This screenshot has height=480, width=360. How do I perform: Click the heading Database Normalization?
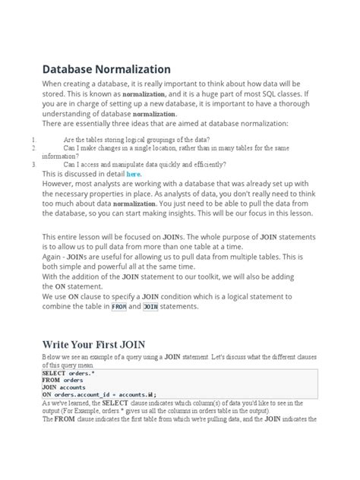coord(106,69)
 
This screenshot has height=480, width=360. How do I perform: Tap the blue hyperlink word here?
coord(134,174)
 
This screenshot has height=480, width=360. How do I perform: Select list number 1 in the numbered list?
coord(35,140)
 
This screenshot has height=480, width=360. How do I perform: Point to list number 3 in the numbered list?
coord(35,164)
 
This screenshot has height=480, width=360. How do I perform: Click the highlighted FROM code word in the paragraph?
coord(119,307)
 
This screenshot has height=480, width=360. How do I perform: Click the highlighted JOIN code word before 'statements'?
coord(150,307)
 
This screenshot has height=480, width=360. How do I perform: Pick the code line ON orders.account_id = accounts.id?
coord(99,395)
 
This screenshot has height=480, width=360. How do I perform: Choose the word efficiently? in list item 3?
coord(203,164)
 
